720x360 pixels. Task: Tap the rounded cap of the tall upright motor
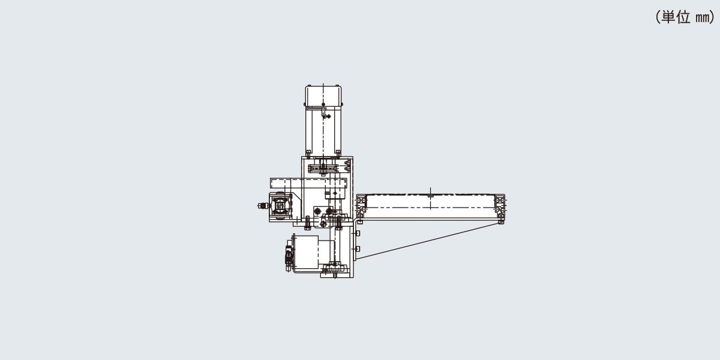[x=323, y=96]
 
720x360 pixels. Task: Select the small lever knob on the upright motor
[x=328, y=116]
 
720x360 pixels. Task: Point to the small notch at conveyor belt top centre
[x=431, y=195]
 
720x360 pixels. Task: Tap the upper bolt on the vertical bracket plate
[x=357, y=233]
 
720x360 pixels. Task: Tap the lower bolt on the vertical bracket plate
[x=357, y=249]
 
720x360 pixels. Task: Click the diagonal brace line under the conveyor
[x=428, y=241]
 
